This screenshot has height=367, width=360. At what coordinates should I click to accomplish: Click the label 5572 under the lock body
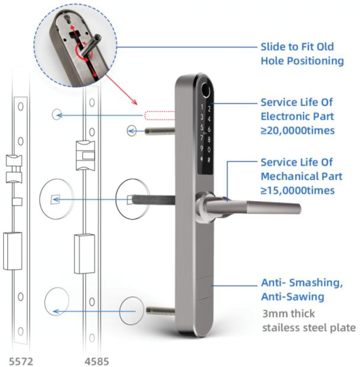21,360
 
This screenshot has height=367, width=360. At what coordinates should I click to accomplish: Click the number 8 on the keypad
209,139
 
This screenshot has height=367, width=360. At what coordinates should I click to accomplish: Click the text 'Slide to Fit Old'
297,47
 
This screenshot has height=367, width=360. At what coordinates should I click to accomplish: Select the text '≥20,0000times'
298,130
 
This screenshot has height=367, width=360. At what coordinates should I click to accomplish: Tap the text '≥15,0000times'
298,190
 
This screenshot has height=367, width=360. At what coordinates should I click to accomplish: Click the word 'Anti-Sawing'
292,296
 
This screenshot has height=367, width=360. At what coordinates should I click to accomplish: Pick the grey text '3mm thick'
288,314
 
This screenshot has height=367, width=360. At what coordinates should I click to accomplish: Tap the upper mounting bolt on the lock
159,131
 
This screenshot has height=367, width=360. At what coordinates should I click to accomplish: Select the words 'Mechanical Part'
301,176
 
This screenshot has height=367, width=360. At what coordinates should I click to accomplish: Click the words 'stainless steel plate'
309,327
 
